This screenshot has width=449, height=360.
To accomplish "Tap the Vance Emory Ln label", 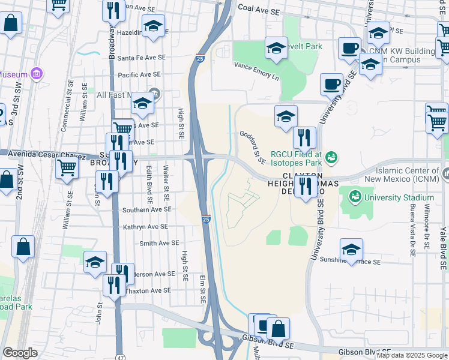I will click(x=256, y=72).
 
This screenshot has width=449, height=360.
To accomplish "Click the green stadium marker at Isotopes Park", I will click(x=330, y=158).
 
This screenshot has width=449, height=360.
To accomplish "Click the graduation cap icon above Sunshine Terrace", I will click(x=351, y=248).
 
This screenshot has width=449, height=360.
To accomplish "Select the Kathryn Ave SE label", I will click(x=145, y=227).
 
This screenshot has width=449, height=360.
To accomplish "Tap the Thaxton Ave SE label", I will click(x=148, y=290).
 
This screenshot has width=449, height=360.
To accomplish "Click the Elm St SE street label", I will click(x=203, y=289).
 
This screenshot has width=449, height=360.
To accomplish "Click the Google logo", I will click(x=20, y=353).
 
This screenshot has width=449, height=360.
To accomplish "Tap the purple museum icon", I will click(x=37, y=74).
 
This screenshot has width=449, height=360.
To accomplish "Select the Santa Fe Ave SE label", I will click(x=141, y=58).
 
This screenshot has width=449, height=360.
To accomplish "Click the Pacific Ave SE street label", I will click(x=139, y=74).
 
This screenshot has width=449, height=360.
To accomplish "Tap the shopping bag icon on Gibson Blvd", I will click(x=279, y=328).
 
